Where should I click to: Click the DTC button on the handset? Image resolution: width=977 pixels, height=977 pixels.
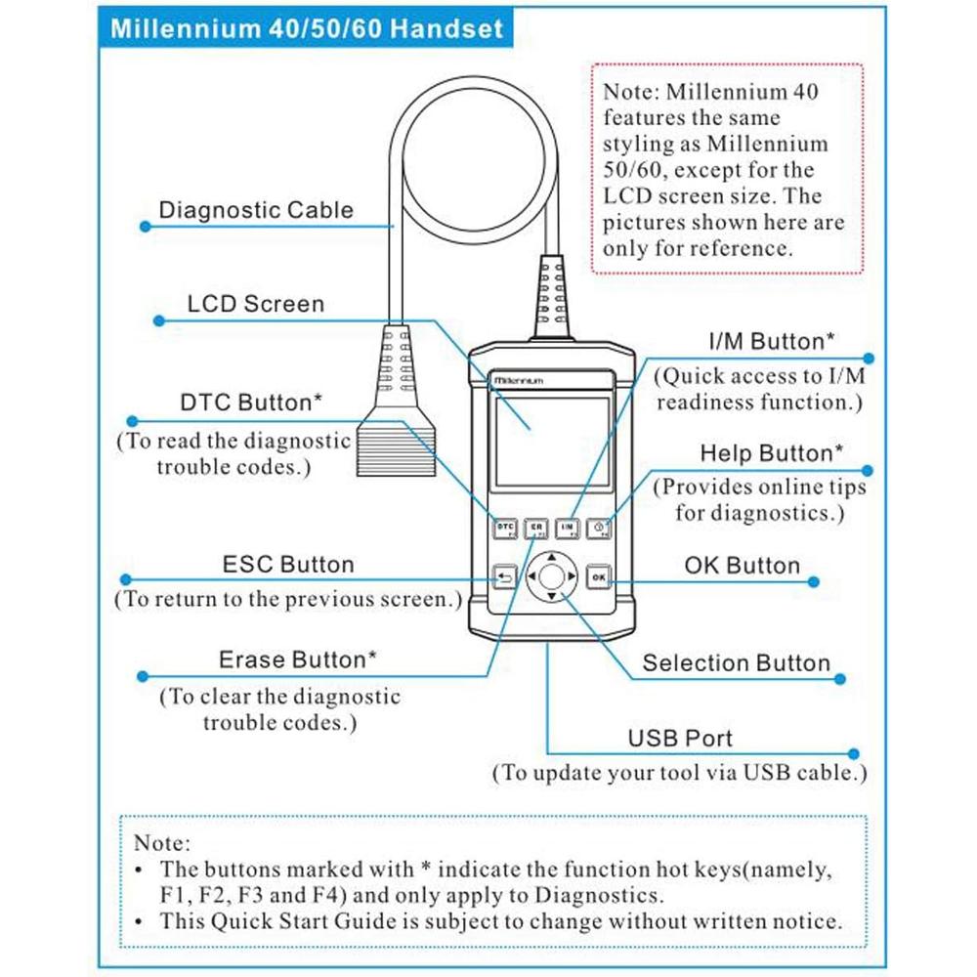click(505, 529)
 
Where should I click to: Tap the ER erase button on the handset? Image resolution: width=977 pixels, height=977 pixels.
click(535, 529)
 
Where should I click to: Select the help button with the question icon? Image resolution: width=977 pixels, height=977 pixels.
click(598, 529)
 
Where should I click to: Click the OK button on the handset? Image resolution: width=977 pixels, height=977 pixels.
click(598, 577)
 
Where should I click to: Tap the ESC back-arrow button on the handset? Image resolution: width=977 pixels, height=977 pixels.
click(505, 577)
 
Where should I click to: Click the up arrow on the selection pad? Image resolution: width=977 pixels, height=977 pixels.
click(551, 557)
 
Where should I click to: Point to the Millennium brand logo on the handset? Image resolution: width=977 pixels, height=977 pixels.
click(519, 380)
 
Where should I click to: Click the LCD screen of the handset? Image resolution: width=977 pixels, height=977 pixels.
click(552, 442)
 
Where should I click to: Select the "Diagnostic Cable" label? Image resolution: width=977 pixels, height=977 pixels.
click(256, 210)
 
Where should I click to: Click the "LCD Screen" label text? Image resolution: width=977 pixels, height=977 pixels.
click(256, 304)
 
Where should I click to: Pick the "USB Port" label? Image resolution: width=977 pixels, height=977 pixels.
click(680, 739)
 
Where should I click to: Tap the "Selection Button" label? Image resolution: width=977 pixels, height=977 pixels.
click(737, 663)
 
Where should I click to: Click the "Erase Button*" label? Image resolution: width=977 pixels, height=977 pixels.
click(298, 659)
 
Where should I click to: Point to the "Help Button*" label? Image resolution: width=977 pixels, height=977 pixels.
click(772, 453)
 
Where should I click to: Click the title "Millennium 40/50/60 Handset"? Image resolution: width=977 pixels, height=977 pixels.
click(307, 28)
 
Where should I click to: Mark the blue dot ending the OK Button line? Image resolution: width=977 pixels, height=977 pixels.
click(813, 582)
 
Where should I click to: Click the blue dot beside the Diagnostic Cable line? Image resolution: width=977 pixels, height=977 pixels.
click(146, 227)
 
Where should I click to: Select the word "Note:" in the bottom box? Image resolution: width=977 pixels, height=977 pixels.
click(162, 843)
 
